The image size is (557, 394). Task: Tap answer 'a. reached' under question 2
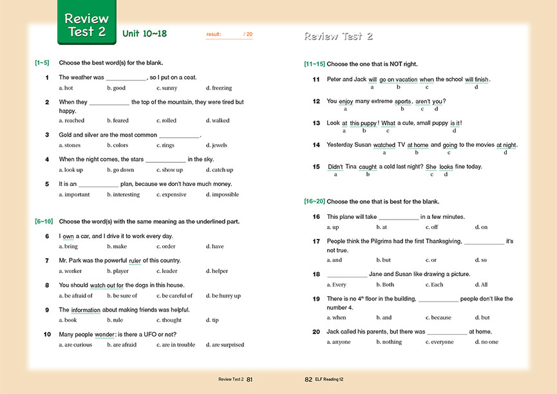[x=71, y=120]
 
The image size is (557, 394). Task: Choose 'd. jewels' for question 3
[x=216, y=145]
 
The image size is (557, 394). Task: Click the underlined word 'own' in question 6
[x=68, y=236]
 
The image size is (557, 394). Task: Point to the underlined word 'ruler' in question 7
[x=135, y=261]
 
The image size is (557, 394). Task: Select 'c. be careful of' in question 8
[x=175, y=295]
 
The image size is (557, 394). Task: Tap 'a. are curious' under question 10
[x=75, y=344]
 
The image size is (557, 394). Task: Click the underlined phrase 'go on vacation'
[x=398, y=80]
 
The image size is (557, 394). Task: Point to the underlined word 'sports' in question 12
[x=402, y=101]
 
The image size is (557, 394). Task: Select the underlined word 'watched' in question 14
[x=384, y=145]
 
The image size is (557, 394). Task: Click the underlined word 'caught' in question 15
[x=368, y=167]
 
